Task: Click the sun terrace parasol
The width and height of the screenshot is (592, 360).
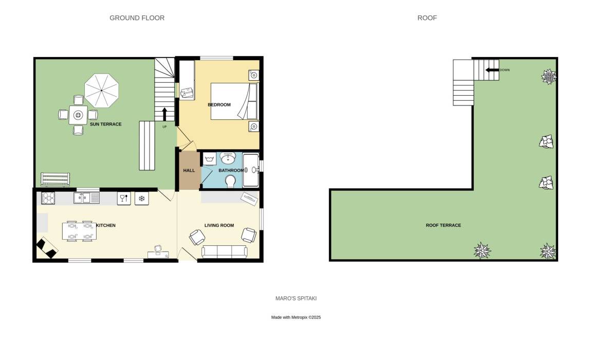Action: [102, 91]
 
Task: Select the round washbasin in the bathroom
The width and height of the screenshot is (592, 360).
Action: [228, 158]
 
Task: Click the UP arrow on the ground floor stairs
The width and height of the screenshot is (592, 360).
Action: [164, 114]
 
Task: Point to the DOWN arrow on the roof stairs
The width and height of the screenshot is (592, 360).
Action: [492, 70]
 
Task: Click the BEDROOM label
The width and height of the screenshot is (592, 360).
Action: [219, 104]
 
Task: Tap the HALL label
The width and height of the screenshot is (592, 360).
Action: [189, 170]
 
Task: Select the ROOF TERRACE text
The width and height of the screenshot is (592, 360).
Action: [443, 225]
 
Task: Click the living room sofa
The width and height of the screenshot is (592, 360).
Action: [225, 252]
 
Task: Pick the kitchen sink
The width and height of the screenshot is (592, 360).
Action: [86, 197]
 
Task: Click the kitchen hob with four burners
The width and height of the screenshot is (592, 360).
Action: [48, 198]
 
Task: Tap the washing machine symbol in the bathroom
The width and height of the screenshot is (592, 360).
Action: [210, 158]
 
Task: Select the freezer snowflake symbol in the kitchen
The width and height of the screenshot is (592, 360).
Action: [142, 199]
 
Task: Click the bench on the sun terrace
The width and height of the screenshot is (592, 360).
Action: [55, 179]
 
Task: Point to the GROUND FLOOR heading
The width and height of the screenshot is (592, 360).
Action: [137, 18]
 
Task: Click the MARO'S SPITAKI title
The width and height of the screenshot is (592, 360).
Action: [296, 298]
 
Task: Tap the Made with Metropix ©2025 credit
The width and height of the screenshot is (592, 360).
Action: [296, 317]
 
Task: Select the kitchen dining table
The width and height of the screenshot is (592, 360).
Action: [79, 231]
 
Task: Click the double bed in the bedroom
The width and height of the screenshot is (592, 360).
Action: [234, 101]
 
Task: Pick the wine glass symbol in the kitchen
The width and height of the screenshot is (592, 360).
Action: [124, 199]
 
